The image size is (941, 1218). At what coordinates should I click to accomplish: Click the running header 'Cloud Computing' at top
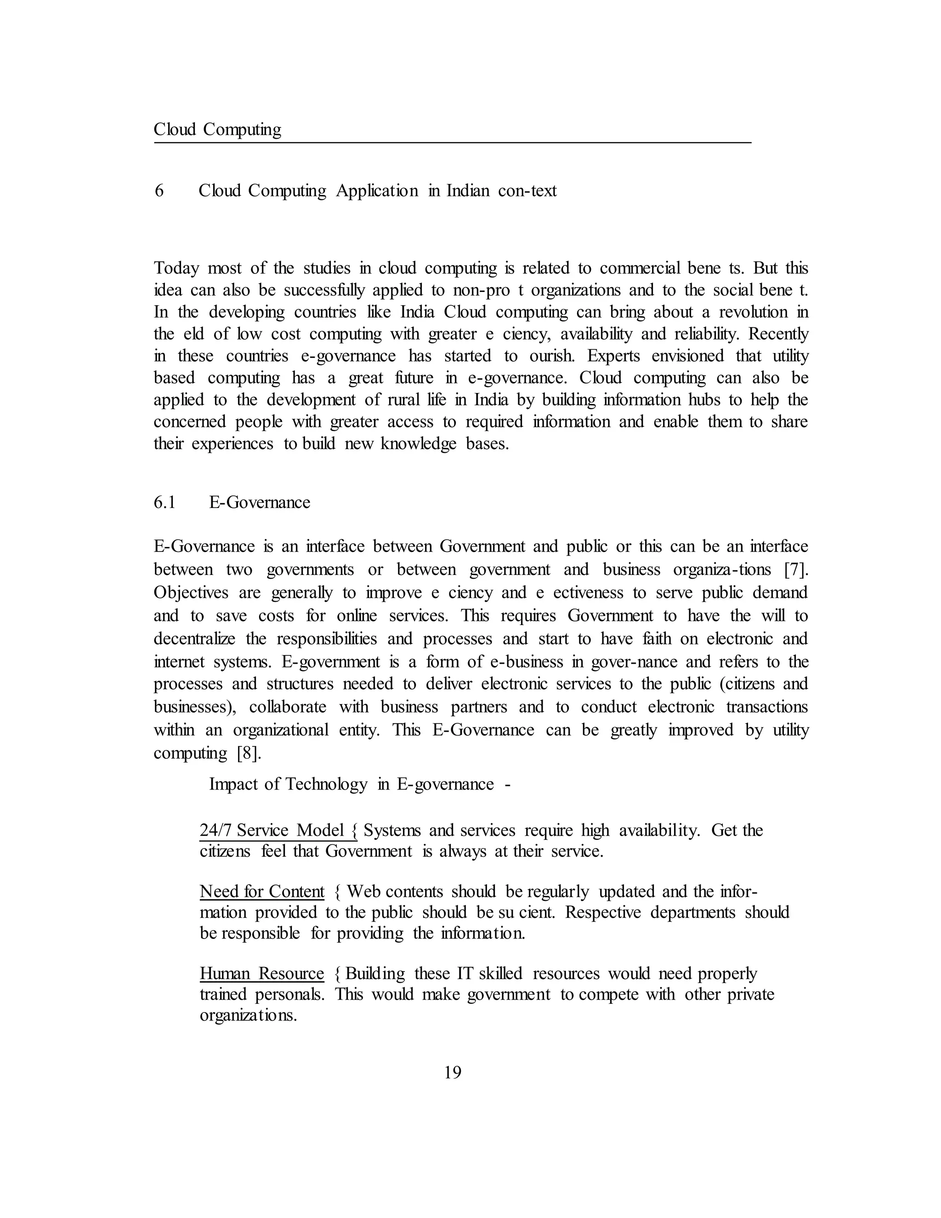point(217,130)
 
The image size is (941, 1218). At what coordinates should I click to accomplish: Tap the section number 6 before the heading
point(159,191)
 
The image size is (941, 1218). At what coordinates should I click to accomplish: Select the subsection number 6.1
point(164,502)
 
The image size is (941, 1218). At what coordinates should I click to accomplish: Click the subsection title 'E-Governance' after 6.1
point(260,502)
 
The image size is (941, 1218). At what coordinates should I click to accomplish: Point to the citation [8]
point(249,753)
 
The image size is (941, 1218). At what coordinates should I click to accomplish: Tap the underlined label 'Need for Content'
point(262,892)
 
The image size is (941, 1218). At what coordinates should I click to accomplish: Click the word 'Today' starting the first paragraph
point(176,268)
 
